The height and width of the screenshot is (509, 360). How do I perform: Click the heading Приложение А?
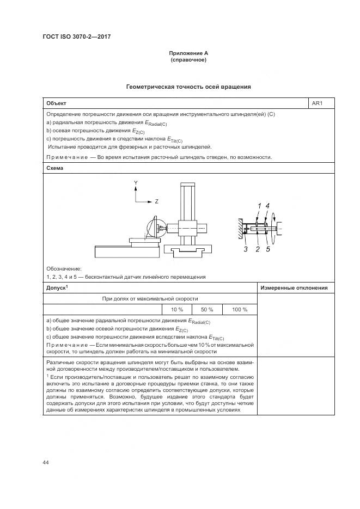[x=188, y=53]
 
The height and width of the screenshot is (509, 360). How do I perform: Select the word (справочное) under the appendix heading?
[x=188, y=59]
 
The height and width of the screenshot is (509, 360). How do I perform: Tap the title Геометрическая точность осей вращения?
[x=188, y=87]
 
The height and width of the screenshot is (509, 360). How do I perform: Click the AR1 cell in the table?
[x=317, y=103]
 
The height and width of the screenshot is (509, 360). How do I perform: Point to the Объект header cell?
[x=56, y=103]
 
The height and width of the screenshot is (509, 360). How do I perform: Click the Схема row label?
[x=55, y=168]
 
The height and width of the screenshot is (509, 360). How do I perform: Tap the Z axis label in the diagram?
[x=156, y=201]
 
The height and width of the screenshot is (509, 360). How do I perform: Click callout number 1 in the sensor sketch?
[x=260, y=205]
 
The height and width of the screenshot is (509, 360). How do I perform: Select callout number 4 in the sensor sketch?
[x=267, y=205]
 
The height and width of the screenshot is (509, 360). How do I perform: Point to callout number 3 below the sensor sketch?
[x=246, y=249]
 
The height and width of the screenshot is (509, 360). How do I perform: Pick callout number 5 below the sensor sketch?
[x=268, y=249]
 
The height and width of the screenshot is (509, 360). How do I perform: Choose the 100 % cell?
[x=240, y=309]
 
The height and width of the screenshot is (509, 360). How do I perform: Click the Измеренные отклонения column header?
[x=294, y=288]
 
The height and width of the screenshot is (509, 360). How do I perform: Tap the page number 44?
[x=46, y=463]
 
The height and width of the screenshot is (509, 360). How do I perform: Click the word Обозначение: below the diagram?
[x=64, y=269]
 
